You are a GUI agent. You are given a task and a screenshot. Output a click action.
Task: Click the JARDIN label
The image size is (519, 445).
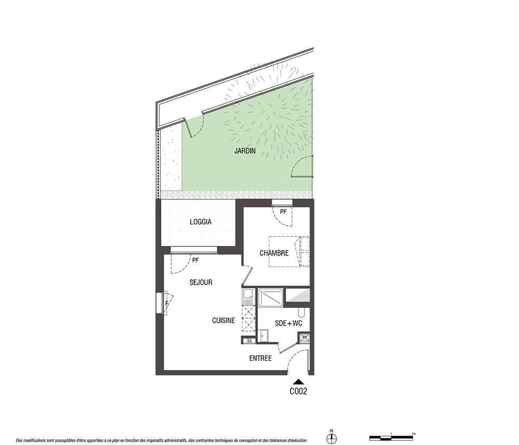click(245, 151)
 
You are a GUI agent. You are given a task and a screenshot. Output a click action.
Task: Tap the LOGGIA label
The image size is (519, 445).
click(200, 222)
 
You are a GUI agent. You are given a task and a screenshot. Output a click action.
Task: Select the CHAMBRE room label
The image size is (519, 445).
click(274, 253)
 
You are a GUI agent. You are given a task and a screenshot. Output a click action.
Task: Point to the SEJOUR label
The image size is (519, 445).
click(201, 282)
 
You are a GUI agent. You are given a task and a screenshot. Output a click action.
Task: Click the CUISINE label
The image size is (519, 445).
click(224, 320)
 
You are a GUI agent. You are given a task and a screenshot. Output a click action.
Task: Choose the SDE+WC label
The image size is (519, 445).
click(289, 323)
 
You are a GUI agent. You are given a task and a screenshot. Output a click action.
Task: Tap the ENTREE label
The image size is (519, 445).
click(261, 358)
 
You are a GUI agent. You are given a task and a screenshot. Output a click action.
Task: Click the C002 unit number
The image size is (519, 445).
click(298, 392)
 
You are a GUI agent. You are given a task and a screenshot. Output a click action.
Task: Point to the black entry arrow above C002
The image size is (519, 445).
click(298, 382)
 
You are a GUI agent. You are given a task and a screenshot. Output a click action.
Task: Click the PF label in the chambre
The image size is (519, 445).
click(283, 211)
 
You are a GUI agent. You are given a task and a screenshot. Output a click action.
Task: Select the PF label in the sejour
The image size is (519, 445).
click(196, 260)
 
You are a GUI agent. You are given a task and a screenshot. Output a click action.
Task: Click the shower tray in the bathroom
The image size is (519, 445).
click(270, 298)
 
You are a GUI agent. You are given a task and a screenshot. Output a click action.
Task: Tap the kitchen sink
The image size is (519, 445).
click(248, 294)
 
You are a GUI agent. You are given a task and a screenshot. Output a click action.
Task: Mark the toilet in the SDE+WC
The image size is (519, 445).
click(301, 312)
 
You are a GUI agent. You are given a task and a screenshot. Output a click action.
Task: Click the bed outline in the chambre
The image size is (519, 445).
click(289, 252)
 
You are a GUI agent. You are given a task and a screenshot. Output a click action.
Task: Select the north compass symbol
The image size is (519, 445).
click(331, 438)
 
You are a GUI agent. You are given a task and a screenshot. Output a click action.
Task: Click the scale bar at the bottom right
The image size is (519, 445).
click(392, 438)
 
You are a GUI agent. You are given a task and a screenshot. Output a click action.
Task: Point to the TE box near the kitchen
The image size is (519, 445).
click(249, 340)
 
